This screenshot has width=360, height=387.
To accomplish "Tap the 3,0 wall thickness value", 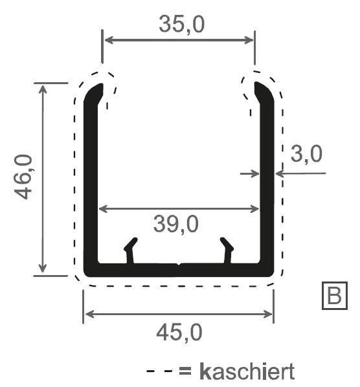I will pyautogui.click(x=306, y=154).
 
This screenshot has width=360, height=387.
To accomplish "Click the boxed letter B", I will pyautogui.click(x=334, y=296).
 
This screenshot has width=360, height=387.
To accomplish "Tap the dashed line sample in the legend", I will pyautogui.click(x=160, y=372).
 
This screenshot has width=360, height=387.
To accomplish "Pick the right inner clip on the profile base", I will pyautogui.click(x=227, y=250).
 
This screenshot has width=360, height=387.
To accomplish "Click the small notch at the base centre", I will pyautogui.click(x=179, y=264).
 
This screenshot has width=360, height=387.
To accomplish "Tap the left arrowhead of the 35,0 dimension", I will pyautogui.click(x=107, y=40).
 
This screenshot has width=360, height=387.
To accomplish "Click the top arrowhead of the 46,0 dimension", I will pyautogui.click(x=43, y=88).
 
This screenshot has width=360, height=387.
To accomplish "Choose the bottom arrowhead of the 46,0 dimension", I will pyautogui.click(x=43, y=271).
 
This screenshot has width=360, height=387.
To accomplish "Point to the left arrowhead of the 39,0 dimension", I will pyautogui.click(x=102, y=208).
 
